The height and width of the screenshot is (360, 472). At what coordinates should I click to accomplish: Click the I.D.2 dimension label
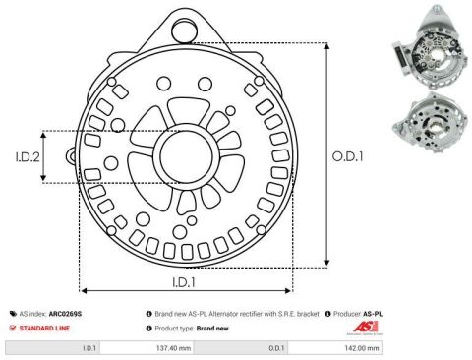click(28, 157)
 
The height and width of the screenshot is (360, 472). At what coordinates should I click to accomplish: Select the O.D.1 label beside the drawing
click(348, 156)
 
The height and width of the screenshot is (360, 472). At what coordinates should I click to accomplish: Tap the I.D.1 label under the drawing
click(184, 282)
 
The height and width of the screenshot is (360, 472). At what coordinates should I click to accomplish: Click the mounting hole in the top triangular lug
click(185, 30)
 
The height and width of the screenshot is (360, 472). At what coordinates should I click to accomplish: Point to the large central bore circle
click(186, 154)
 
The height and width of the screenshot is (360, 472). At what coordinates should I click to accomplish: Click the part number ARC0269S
click(65, 314)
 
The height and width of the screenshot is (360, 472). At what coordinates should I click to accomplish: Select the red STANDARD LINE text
click(44, 329)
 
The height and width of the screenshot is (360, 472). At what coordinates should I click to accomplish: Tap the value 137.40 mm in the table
click(173, 348)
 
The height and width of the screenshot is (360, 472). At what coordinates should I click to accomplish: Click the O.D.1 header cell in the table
click(241, 348)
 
